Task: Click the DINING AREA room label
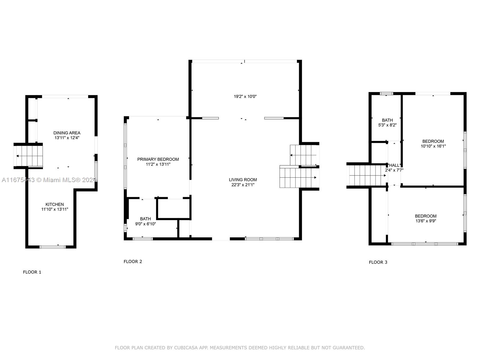[x=67, y=133]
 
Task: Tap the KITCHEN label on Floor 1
[x=55, y=204]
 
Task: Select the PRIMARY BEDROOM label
[x=158, y=159]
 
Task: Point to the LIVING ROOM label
[x=243, y=180]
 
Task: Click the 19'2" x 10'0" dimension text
[x=245, y=96]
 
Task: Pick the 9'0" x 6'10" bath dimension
[x=145, y=224]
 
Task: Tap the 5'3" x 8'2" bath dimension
[x=387, y=125]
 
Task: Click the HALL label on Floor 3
[x=394, y=166]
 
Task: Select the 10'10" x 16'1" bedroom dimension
[x=433, y=146]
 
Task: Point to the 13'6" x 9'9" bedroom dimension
[x=425, y=221]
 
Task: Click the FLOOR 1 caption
[x=32, y=272]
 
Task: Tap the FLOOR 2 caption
[x=133, y=262]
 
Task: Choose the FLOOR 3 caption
[x=378, y=262]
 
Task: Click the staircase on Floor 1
[x=28, y=156]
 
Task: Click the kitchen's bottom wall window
[x=52, y=247]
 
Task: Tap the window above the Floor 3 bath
[x=386, y=94]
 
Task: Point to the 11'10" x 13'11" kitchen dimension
[x=55, y=209]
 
